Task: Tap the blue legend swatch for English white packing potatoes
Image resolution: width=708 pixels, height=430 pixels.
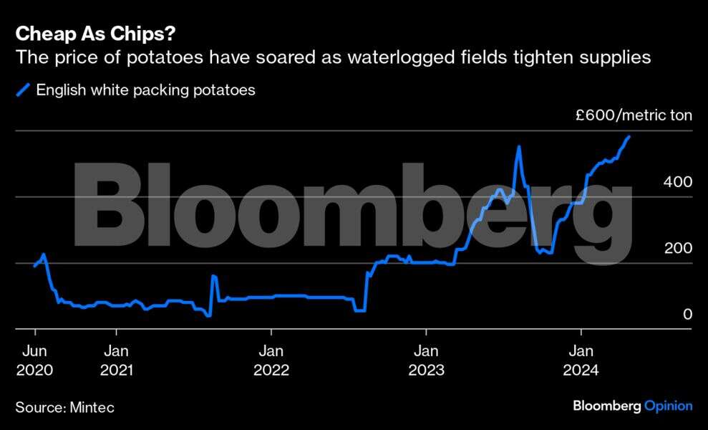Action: [x=23, y=90]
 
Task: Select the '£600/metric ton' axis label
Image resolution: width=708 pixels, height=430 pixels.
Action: [x=634, y=115]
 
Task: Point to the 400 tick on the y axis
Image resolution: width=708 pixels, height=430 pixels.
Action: [x=677, y=182]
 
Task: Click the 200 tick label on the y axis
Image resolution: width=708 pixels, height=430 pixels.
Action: [x=677, y=249]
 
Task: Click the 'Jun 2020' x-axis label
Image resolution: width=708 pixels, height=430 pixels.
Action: [x=34, y=360]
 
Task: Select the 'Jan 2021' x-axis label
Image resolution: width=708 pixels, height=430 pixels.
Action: [x=116, y=360]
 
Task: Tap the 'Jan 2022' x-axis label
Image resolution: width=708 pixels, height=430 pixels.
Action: [x=271, y=360]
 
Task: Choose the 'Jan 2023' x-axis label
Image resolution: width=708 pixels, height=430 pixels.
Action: [x=426, y=360]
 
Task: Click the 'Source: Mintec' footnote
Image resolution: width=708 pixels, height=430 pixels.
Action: [x=64, y=407]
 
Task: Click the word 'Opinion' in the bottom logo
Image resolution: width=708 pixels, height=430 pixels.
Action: [x=669, y=406]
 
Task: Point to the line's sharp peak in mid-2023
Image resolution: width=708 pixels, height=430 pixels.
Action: [x=518, y=147]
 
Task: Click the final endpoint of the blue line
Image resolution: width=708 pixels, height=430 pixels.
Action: [x=629, y=136]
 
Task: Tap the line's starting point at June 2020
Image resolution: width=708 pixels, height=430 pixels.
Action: [x=34, y=266]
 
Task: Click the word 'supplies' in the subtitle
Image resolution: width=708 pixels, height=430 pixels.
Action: [x=616, y=57]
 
